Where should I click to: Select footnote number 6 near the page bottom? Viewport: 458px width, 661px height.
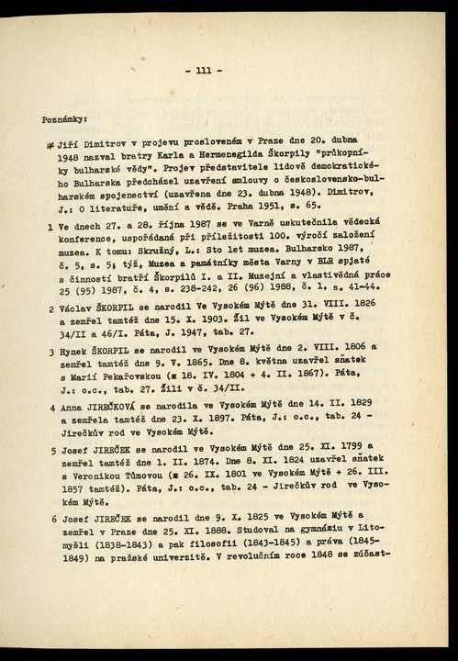(50, 520)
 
